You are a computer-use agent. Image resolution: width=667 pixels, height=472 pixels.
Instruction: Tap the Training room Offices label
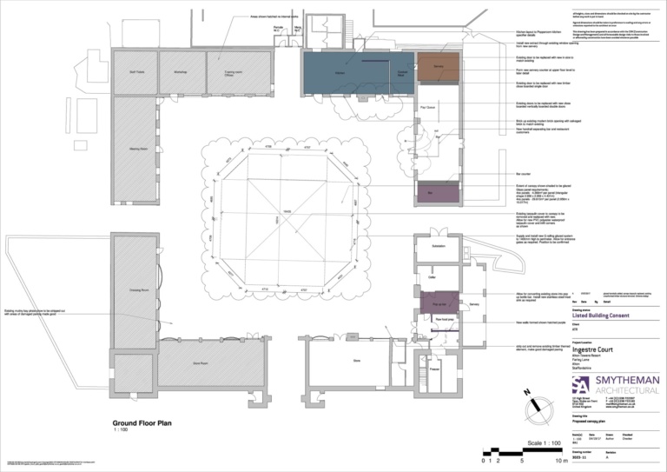(232, 73)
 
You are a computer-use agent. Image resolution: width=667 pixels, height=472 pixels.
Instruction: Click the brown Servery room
(439, 68)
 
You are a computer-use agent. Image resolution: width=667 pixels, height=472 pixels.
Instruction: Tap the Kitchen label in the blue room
(341, 74)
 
